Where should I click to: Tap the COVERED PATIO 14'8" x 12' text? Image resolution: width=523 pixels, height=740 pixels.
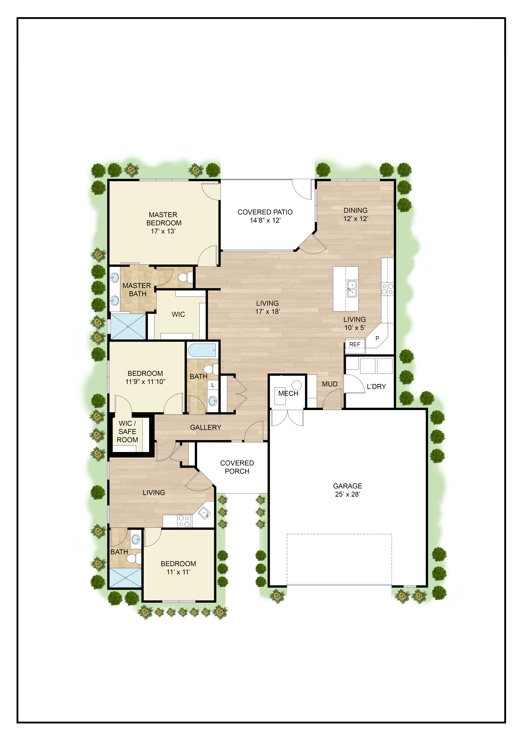(265, 216)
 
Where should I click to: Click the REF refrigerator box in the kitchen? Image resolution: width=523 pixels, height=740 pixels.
(355, 344)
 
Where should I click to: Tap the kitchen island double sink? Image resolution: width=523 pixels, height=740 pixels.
(352, 288)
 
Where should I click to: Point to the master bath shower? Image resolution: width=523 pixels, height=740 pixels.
(128, 326)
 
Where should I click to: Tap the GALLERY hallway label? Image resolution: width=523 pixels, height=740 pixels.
(206, 427)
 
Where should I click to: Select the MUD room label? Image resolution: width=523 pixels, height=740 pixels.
(330, 384)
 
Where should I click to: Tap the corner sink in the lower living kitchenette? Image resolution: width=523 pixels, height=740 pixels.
(204, 512)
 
